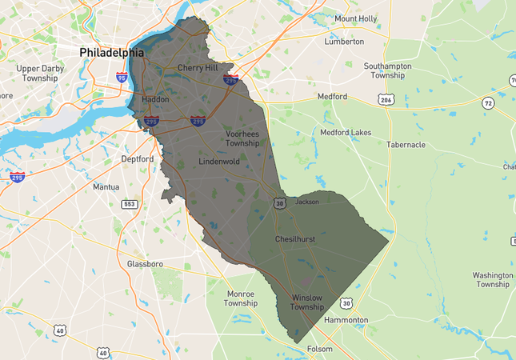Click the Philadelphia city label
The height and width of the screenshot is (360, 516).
coord(111,52)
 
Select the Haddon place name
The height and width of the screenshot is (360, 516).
coord(155,99)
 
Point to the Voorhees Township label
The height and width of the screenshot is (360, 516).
coord(242,138)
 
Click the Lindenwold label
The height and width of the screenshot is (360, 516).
coord(219,162)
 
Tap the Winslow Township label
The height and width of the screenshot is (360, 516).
coord(306,302)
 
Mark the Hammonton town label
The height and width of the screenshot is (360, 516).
coord(346,320)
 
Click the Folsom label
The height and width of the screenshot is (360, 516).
coord(319,349)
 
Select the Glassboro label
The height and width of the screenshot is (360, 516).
coord(145,263)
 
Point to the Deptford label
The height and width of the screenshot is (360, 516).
coord(137,159)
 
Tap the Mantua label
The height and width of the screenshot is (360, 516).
coord(106,186)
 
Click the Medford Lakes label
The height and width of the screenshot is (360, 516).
coord(346,132)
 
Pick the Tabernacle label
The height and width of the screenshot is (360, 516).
coord(406,145)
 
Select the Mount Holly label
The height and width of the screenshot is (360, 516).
coord(356,18)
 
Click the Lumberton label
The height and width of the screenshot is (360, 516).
coord(344,42)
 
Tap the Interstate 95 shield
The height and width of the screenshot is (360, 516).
coord(122,78)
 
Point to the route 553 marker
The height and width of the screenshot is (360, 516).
coord(129,204)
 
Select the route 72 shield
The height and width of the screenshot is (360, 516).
coord(488,103)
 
